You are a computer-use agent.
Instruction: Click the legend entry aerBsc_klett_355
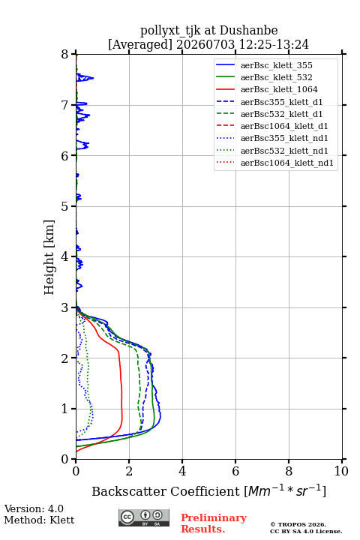pyautogui.click(x=276, y=65)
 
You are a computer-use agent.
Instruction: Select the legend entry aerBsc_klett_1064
pyautogui.click(x=279, y=89)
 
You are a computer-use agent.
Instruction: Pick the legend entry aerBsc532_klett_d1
pyautogui.click(x=281, y=114)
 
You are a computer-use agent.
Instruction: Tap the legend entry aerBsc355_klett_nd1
pyautogui.click(x=284, y=138)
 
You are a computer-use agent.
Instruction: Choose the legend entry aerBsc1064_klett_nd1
pyautogui.click(x=287, y=163)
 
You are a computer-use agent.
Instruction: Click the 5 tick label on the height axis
pyautogui.click(x=65, y=206)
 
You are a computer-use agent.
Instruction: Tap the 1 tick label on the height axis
pyautogui.click(x=65, y=409)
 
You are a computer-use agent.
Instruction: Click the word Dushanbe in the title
pyautogui.click(x=249, y=30)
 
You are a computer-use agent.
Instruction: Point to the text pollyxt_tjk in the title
pyautogui.click(x=170, y=31)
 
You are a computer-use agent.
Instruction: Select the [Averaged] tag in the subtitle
pyautogui.click(x=139, y=45)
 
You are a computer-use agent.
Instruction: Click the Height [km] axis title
pyautogui.click(x=49, y=257)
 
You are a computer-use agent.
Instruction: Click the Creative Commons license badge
pyautogui.click(x=144, y=518)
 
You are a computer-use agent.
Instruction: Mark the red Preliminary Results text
pyautogui.click(x=214, y=523)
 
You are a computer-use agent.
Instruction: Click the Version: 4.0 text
pyautogui.click(x=34, y=509)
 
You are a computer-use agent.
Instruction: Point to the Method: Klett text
pyautogui.click(x=39, y=520)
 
